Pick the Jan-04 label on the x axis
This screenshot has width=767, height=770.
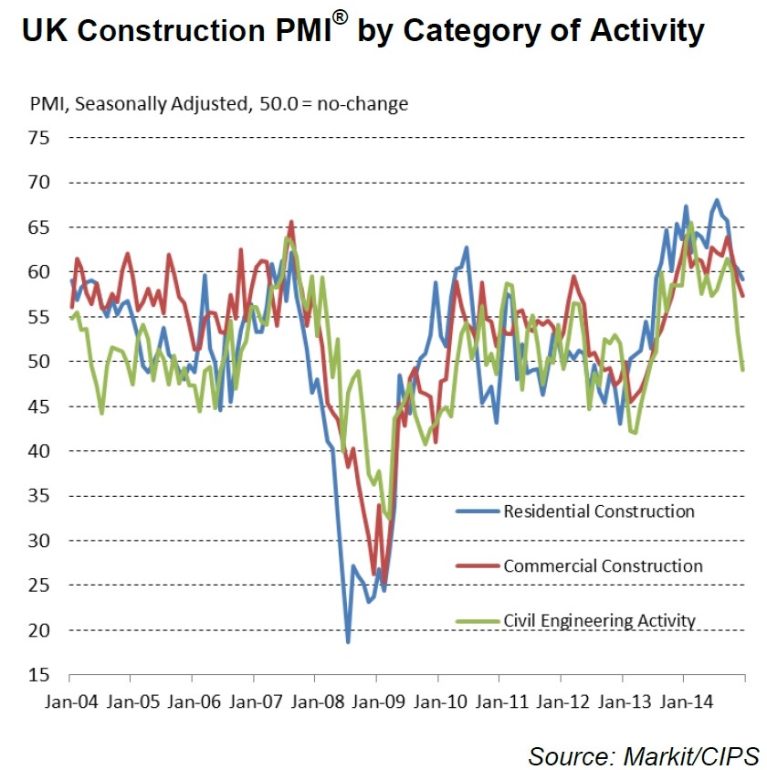(x=69, y=703)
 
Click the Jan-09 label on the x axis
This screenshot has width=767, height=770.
(x=376, y=703)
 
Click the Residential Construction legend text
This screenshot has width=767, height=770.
(x=599, y=511)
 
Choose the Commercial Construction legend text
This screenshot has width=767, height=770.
(x=603, y=565)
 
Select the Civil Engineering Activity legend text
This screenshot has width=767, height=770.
(x=599, y=621)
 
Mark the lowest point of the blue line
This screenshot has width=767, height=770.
(x=348, y=642)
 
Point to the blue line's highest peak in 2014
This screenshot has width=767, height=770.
(x=717, y=200)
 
